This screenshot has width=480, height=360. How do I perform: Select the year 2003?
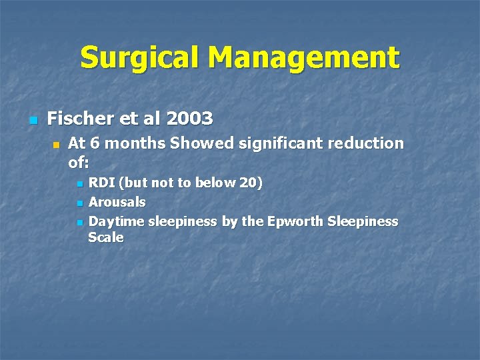click(x=190, y=119)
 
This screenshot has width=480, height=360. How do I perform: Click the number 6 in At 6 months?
click(x=91, y=143)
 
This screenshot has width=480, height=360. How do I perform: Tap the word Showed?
click(x=199, y=143)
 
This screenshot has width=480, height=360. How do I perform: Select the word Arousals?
click(x=117, y=202)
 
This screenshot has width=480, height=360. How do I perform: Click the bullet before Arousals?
click(x=79, y=203)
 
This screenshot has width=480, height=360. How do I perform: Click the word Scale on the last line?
click(x=106, y=237)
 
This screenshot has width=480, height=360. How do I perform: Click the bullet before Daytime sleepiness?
click(x=79, y=222)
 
